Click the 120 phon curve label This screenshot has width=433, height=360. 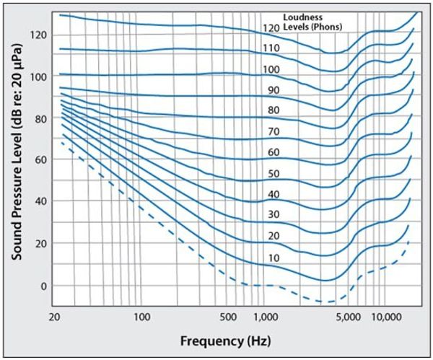click(271, 28)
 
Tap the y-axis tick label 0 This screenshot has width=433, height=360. click(44, 286)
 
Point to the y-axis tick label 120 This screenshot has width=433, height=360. click(39, 34)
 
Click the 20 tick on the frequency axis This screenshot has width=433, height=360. click(56, 317)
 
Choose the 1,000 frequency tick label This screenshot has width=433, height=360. click(266, 317)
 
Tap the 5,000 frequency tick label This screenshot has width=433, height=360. click(351, 317)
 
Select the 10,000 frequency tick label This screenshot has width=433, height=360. click(386, 317)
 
